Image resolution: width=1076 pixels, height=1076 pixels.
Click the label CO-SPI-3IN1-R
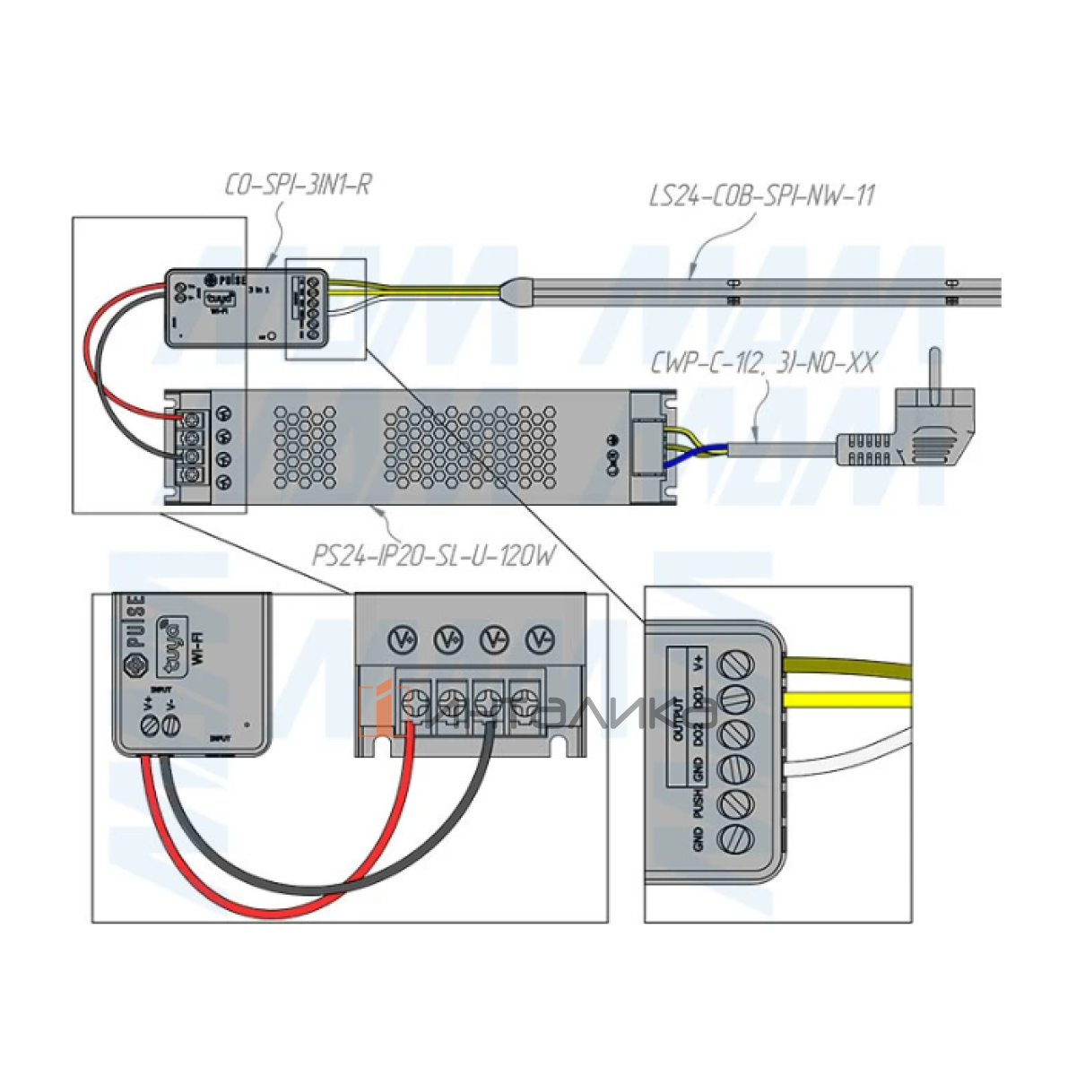pyautogui.click(x=297, y=186)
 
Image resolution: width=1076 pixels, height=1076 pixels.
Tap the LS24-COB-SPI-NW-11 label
pyautogui.click(x=761, y=195)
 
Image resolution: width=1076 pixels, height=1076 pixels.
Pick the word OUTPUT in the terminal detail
pyautogui.click(x=678, y=717)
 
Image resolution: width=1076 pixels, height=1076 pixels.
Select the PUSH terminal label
pyautogui.click(x=699, y=803)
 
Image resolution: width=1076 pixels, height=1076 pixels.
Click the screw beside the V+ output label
pyautogui.click(x=737, y=664)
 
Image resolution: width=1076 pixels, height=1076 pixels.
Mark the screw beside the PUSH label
pyautogui.click(x=737, y=803)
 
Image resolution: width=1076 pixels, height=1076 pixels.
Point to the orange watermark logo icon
pyautogui.click(x=376, y=707)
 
